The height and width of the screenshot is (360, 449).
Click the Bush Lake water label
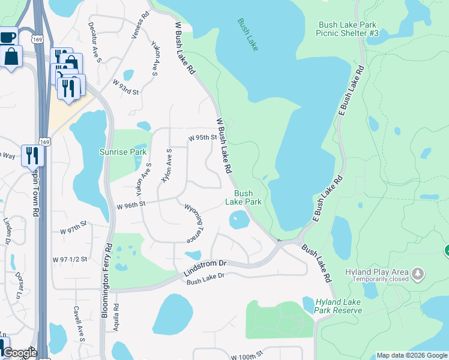click(x=248, y=35)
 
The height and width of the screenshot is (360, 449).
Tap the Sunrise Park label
click(x=123, y=152)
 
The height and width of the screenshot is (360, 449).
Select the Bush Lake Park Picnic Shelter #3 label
click(x=349, y=29)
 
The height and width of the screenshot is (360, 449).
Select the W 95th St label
click(x=202, y=137)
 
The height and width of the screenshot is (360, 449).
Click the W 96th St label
click(x=131, y=205)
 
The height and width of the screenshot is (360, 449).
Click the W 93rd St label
click(x=125, y=87)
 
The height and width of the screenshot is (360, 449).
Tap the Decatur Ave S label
click(x=95, y=42)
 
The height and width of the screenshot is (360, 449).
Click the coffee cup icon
click(x=8, y=37)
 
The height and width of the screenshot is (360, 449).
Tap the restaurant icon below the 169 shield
click(x=31, y=155)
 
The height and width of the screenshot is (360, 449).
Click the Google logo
click(x=19, y=353)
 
